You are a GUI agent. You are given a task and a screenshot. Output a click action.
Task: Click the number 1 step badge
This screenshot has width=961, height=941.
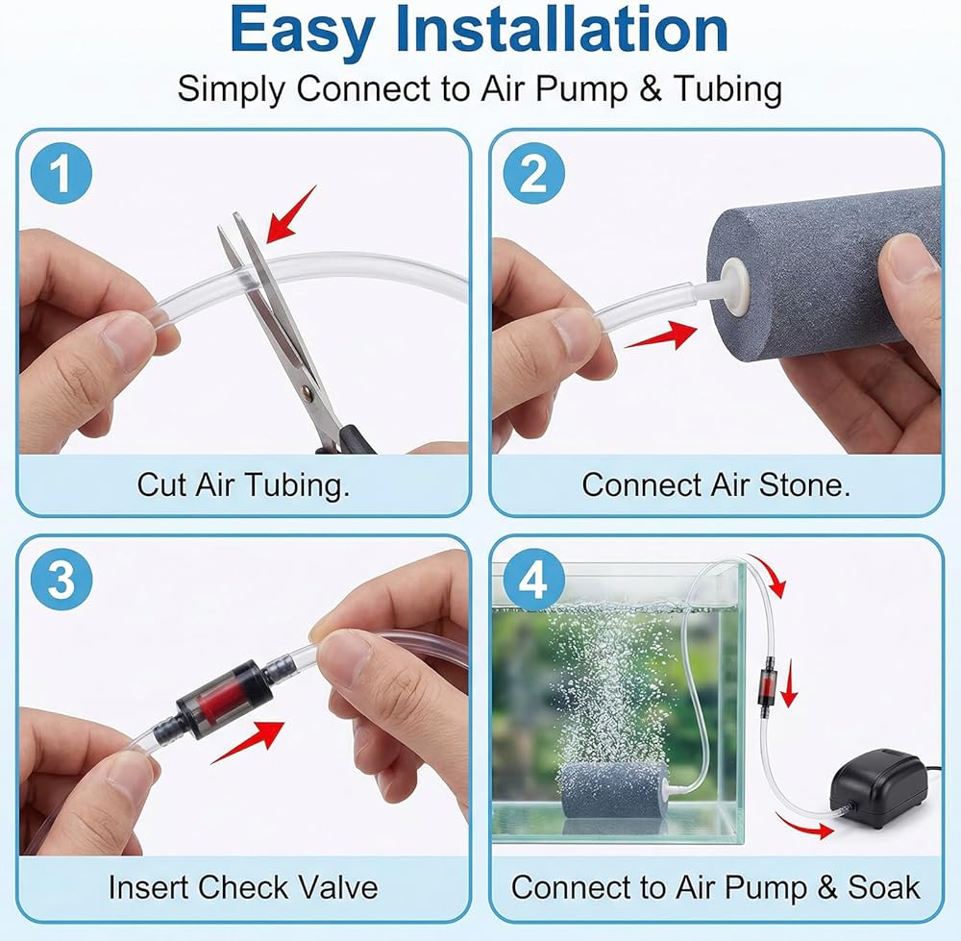tap(62, 173)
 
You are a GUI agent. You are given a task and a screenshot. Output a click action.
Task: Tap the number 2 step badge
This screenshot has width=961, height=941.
tap(533, 173)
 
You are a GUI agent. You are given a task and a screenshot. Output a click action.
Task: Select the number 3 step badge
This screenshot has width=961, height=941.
tap(62, 580)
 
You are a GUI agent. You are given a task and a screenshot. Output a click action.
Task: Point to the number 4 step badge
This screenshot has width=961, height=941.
tap(533, 580)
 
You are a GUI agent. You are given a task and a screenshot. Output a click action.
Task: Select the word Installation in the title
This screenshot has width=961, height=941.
tap(562, 30)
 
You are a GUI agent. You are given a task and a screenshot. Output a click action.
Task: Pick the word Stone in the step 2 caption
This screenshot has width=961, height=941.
tap(804, 484)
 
